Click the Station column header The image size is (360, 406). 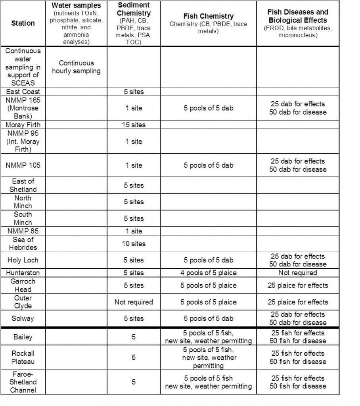(23, 23)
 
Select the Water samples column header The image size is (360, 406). (76, 6)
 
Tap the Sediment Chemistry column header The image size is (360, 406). (134, 10)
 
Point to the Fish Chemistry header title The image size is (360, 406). (208, 16)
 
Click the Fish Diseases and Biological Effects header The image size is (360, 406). (298, 16)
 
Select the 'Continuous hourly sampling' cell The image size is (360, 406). (76, 67)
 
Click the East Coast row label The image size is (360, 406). (23, 92)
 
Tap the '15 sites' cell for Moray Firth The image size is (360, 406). (134, 124)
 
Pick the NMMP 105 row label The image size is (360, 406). (23, 165)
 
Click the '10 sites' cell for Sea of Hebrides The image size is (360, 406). (134, 243)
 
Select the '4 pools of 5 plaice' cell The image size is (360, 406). (208, 273)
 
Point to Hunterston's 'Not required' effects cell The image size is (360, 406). (298, 273)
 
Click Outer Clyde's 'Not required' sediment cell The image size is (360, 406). (134, 302)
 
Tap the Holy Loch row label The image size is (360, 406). (23, 260)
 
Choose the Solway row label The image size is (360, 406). (23, 318)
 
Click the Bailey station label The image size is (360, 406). (23, 337)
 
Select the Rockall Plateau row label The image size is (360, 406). (23, 357)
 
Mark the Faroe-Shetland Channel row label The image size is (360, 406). (23, 382)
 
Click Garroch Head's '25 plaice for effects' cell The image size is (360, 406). (298, 285)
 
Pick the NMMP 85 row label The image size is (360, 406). (23, 231)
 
